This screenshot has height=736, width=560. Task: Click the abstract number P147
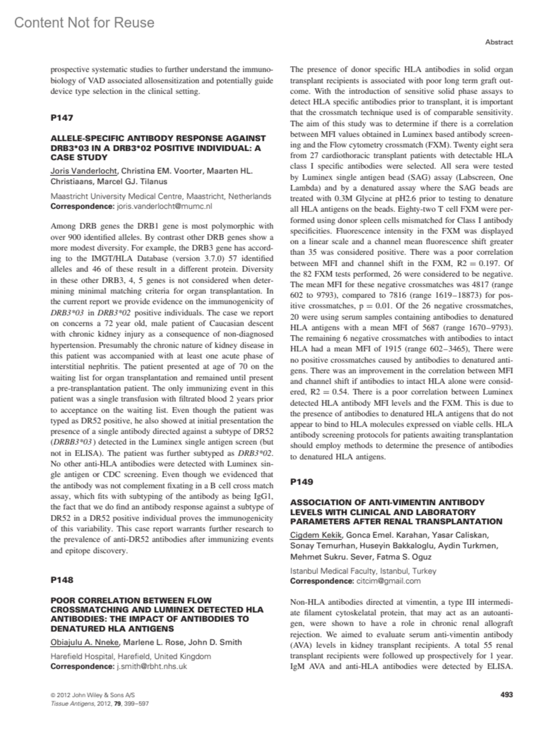tap(62, 118)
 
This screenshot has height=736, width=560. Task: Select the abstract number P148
tap(62, 580)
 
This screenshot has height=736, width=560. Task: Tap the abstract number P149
tap(301, 482)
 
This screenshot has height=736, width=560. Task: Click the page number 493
tap(506, 694)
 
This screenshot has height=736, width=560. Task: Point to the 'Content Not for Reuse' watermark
tap(84, 22)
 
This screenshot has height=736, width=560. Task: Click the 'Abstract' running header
tap(499, 42)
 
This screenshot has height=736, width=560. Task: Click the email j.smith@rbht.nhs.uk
tap(151, 666)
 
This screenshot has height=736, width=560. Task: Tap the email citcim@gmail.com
tap(388, 581)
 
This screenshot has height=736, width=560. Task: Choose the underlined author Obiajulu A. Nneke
tap(85, 642)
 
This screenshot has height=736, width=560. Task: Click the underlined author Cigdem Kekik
tap(316, 535)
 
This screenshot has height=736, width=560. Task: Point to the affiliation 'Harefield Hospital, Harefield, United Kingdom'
tap(130, 656)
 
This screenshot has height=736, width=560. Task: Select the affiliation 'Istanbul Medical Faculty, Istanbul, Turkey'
tap(363, 571)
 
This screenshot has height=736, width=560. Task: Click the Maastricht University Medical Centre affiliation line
tap(161, 196)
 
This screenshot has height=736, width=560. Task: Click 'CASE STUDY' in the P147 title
tap(79, 158)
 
